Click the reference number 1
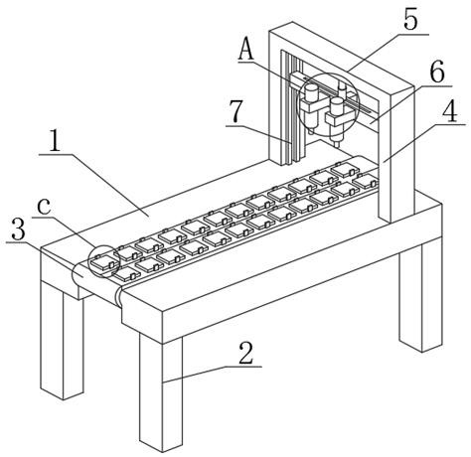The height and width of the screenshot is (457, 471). [55, 142]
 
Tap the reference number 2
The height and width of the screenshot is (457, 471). [246, 354]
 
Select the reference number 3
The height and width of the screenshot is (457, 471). [18, 229]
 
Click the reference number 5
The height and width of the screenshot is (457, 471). [411, 21]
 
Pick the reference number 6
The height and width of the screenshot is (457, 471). [437, 73]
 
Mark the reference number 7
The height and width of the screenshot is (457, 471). [236, 111]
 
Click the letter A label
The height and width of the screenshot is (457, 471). [246, 50]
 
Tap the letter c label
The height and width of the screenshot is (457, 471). [44, 206]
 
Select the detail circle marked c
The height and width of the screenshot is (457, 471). [88, 261]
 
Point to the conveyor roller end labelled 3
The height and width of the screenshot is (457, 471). [78, 275]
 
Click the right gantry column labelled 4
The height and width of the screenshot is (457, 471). [395, 156]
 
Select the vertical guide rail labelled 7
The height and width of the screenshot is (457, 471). [292, 109]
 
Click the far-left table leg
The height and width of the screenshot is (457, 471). [62, 340]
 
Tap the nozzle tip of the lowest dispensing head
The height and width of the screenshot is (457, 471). [336, 145]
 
